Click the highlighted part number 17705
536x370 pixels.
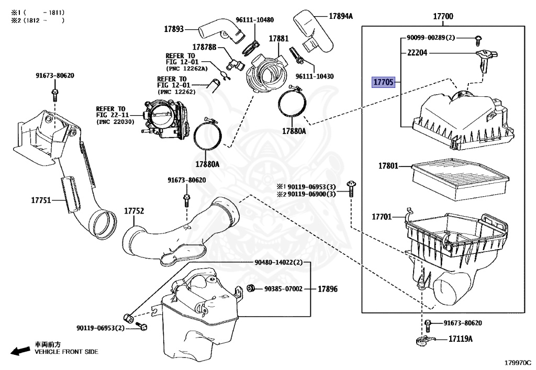click(x=383, y=82)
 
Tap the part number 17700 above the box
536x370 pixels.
click(x=443, y=16)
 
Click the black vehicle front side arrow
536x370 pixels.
click(x=20, y=351)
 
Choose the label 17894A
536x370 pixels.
click(x=340, y=16)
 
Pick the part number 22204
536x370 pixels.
click(x=417, y=53)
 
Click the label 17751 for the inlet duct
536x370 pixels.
click(x=41, y=200)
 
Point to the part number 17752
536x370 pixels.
click(x=134, y=211)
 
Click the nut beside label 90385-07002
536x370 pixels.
click(x=251, y=288)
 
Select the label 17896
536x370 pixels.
click(x=328, y=289)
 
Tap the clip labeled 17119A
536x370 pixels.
click(x=425, y=340)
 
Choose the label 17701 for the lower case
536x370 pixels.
click(x=382, y=217)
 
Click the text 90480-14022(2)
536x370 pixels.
click(x=278, y=262)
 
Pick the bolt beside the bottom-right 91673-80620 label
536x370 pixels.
click(x=428, y=325)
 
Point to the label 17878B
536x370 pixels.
click(x=204, y=47)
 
